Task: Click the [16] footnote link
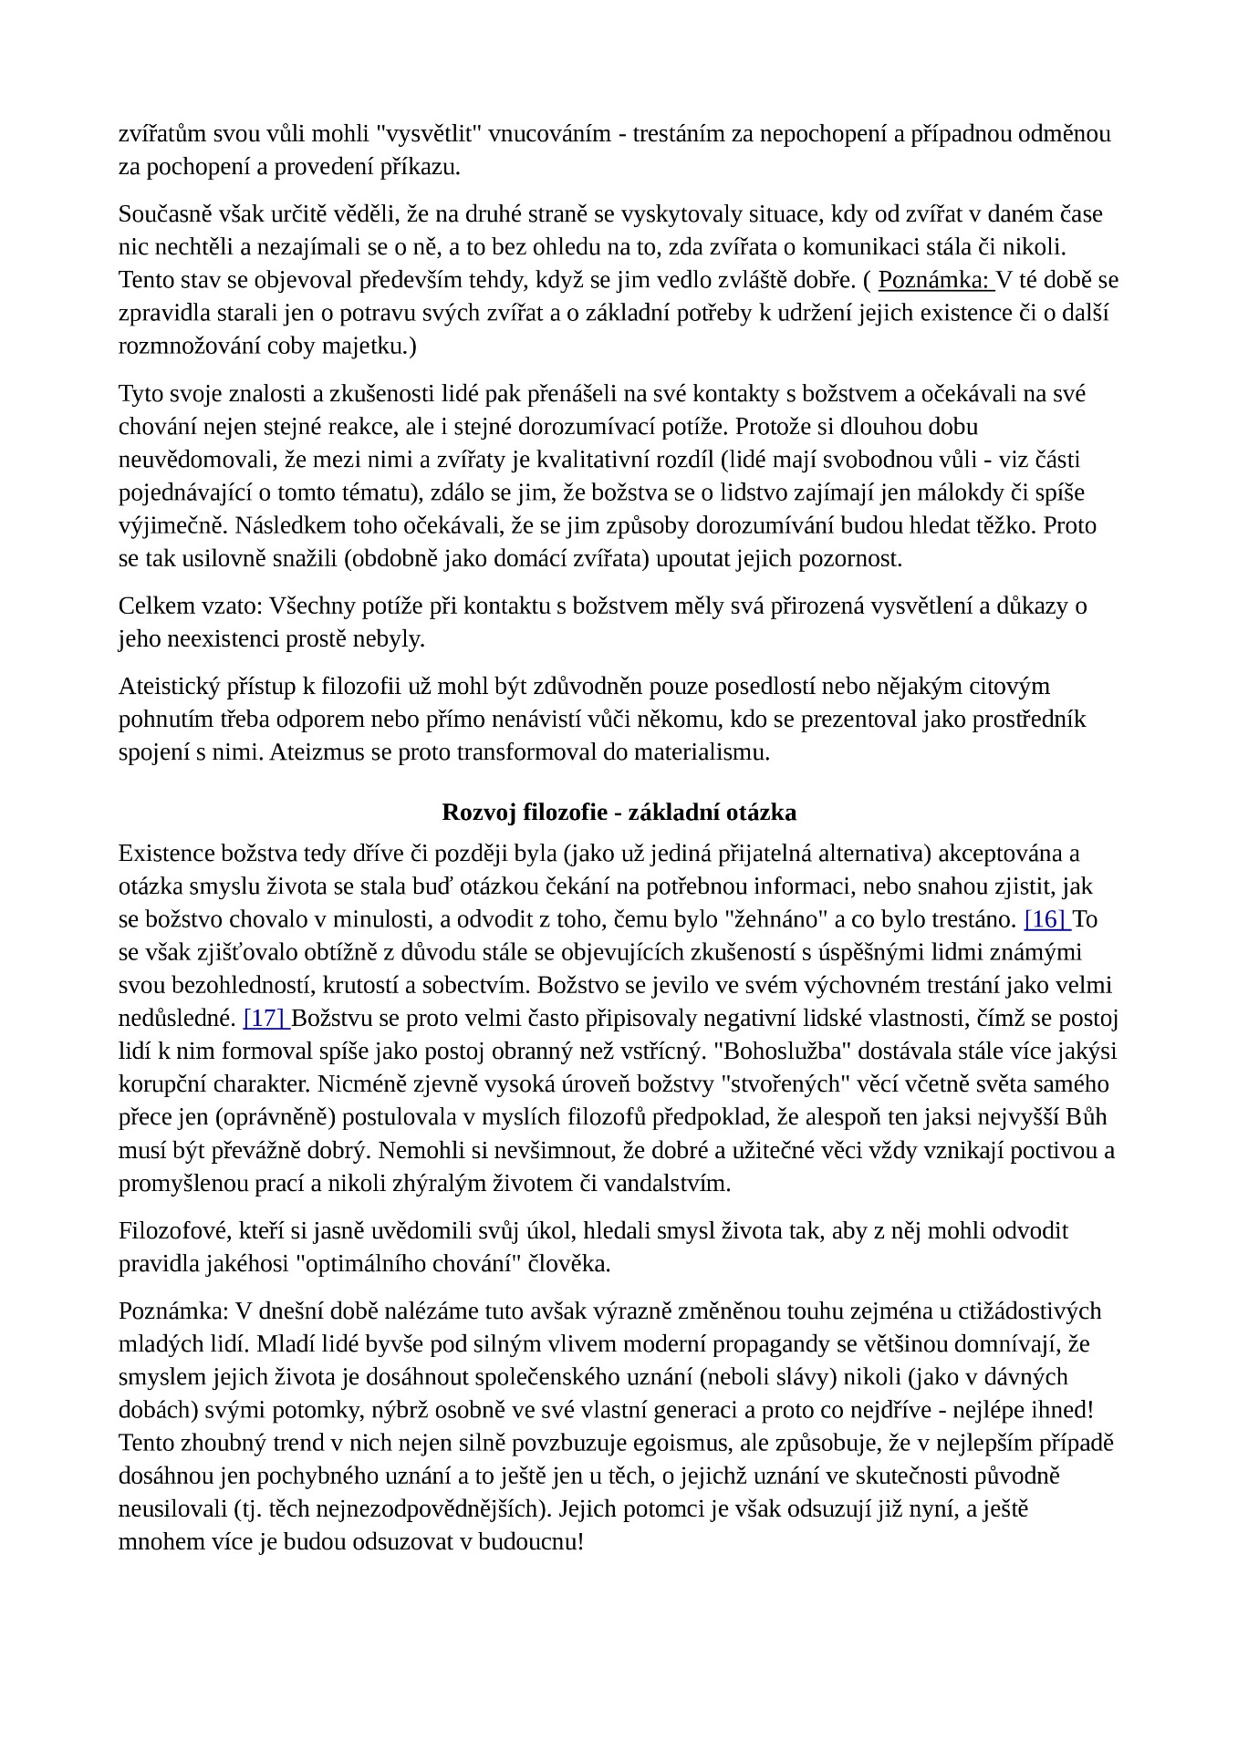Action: coord(1046,919)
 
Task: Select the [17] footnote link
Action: coord(265,1018)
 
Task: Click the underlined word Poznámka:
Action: coord(934,280)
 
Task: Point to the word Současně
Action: coord(161,214)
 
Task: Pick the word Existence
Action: coord(167,854)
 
